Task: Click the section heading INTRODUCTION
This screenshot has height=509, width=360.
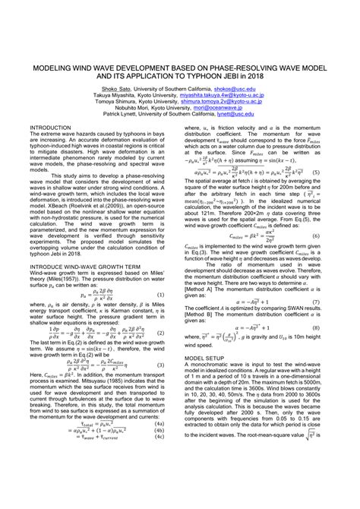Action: (x=49, y=128)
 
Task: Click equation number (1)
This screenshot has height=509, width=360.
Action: (x=162, y=294)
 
